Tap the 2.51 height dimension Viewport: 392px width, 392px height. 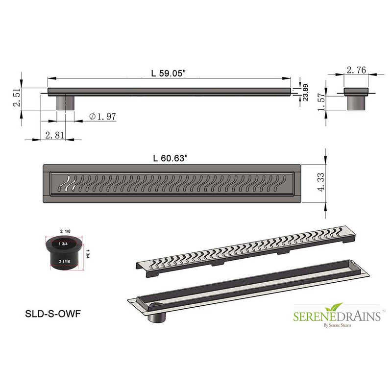coord(18,98)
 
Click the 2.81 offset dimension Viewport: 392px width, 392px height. coord(55,135)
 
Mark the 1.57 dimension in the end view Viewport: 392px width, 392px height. coord(321,102)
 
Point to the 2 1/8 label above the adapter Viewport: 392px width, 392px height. coord(65,230)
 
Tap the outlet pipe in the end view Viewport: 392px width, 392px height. coord(356,103)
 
